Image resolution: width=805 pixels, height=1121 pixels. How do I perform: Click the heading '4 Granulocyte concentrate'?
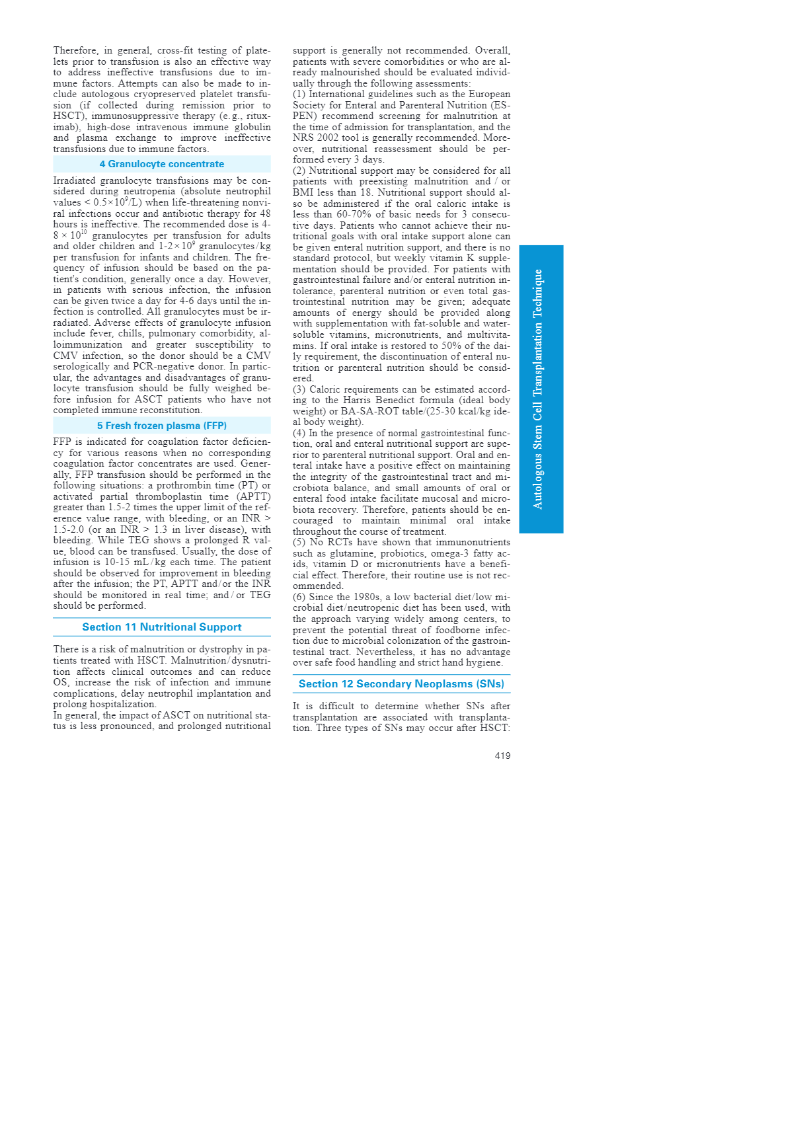(162, 164)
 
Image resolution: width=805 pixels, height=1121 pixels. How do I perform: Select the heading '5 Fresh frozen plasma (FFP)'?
(162, 426)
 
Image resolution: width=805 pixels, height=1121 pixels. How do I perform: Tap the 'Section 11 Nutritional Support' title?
(162, 627)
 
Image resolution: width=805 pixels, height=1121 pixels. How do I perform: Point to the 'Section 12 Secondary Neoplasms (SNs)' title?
(401, 684)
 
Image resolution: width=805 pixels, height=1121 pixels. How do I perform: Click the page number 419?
(502, 755)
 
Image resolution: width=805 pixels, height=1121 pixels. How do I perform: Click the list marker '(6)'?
(299, 598)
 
